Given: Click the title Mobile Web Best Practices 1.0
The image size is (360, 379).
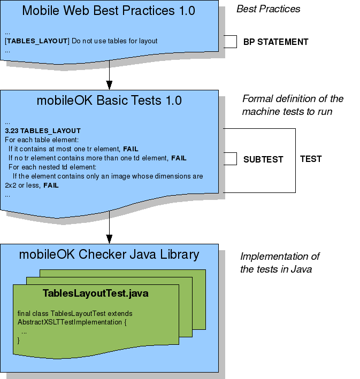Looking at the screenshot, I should pos(109,10).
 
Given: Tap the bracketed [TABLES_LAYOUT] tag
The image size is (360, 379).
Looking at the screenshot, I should pos(37,41).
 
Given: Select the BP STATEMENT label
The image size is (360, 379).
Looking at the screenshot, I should pos(275,42).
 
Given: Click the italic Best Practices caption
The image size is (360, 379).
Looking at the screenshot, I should pos(268,9).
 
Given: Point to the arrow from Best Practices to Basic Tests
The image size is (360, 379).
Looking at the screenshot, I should pos(109,74).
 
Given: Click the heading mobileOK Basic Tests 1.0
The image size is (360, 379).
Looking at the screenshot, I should pos(109,100).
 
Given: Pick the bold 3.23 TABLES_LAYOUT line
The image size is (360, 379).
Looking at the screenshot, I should pos(42,131).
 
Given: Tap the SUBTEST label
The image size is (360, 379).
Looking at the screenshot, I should pos(263,159).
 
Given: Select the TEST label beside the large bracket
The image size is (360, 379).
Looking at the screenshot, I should pos(311,159).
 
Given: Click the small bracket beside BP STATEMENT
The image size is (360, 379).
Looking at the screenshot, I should pos(230,42).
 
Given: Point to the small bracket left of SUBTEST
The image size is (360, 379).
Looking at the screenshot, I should pos(230,159).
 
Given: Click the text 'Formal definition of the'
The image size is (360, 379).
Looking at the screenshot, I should pos(293,99).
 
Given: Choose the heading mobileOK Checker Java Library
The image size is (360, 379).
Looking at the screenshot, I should pos(109,254).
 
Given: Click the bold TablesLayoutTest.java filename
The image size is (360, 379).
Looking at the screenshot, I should pos(95,293).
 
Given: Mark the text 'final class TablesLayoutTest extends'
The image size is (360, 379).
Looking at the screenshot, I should pos(75,313).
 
